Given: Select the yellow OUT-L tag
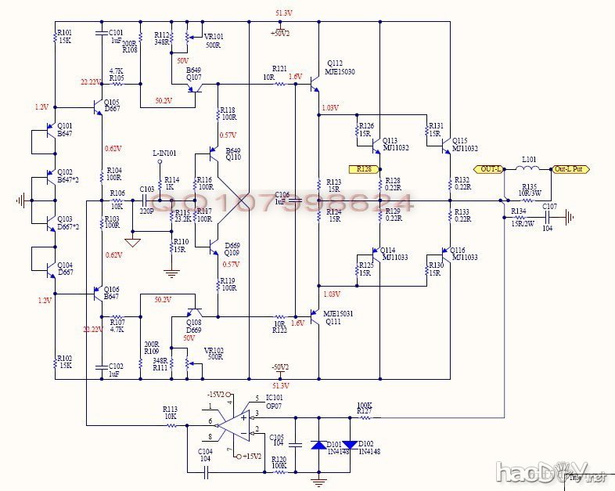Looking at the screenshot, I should [491, 169].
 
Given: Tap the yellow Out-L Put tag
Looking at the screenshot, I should [570, 169].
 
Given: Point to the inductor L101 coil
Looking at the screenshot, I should [528, 168].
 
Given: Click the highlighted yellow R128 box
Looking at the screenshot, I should [364, 169].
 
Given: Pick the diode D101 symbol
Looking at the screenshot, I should [318, 445].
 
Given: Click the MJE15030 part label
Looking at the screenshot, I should [341, 72].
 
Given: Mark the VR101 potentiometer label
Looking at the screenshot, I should [214, 36].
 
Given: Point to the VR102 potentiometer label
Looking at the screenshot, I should [213, 350].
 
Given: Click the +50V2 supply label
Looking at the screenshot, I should [279, 34].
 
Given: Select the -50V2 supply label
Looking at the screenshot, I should [279, 366].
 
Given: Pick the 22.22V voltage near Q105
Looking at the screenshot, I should [90, 82].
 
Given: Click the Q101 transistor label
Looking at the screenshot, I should [65, 126].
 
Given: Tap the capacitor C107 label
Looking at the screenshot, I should [549, 207].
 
